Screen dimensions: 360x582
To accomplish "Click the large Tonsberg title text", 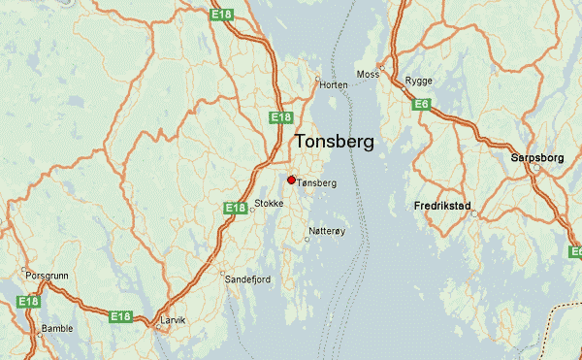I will pyautogui.click(x=333, y=142).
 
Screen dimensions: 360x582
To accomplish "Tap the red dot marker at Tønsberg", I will pyautogui.click(x=291, y=179).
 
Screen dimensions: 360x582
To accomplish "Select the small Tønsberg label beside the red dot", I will pyautogui.click(x=317, y=182).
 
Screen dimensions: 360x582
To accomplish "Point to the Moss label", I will pyautogui.click(x=368, y=74).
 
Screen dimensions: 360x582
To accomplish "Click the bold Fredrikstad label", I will pyautogui.click(x=442, y=207).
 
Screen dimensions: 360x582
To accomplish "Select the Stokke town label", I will pyautogui.click(x=269, y=204).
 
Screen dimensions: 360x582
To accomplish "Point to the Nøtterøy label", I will pyautogui.click(x=325, y=231).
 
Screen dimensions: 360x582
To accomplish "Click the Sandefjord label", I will pyautogui.click(x=247, y=278).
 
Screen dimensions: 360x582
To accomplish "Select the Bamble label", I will pyautogui.click(x=57, y=328).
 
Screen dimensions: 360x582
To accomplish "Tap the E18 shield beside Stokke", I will pyautogui.click(x=236, y=208).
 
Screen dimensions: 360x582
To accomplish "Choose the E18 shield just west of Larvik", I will pyautogui.click(x=120, y=316).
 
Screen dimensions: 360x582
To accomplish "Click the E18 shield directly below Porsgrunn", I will pyautogui.click(x=28, y=304).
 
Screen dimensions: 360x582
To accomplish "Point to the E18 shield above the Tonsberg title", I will pyautogui.click(x=281, y=117).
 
